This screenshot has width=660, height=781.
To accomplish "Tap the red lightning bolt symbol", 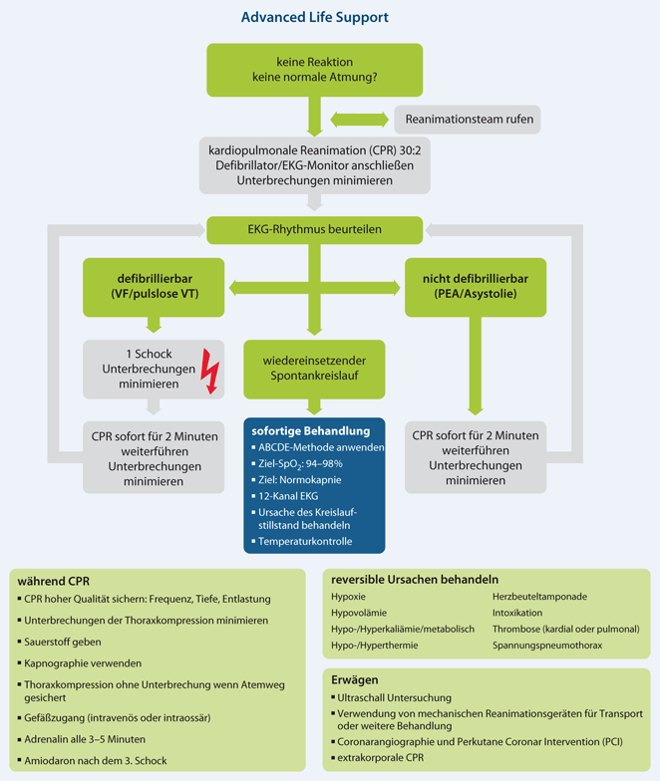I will click(210, 370).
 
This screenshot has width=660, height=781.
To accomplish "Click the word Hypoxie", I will click(349, 596).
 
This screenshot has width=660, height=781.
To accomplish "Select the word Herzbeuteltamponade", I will click(539, 596).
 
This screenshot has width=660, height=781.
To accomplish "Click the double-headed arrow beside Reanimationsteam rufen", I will click(359, 120).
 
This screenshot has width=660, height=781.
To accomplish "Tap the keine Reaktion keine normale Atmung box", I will click(316, 70).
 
